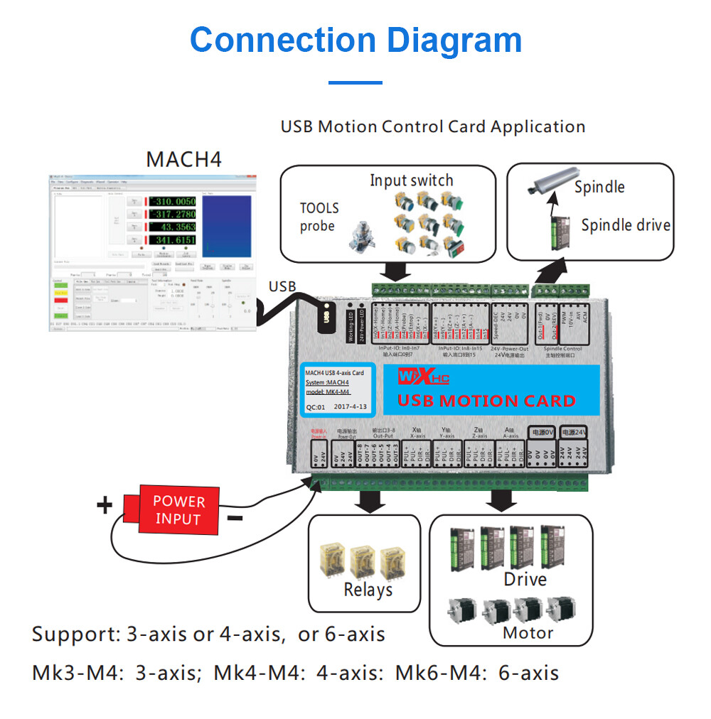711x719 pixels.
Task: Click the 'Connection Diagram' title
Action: tap(355, 40)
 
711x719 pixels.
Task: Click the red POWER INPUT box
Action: tap(178, 509)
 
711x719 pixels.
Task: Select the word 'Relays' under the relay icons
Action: tap(368, 589)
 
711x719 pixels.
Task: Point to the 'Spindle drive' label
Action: tap(626, 225)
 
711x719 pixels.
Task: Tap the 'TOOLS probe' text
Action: tap(319, 217)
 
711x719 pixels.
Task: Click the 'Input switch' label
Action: tap(411, 180)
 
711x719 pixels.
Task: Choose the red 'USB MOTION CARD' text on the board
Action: tap(486, 401)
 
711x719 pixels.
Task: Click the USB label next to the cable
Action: tap(282, 286)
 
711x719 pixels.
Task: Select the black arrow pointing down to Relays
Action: tap(369, 500)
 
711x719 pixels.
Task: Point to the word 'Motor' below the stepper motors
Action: tap(528, 632)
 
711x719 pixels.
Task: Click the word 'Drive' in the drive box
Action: tap(525, 579)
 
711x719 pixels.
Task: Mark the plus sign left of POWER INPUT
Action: tap(105, 506)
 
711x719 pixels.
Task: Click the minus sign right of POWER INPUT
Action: tap(235, 518)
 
